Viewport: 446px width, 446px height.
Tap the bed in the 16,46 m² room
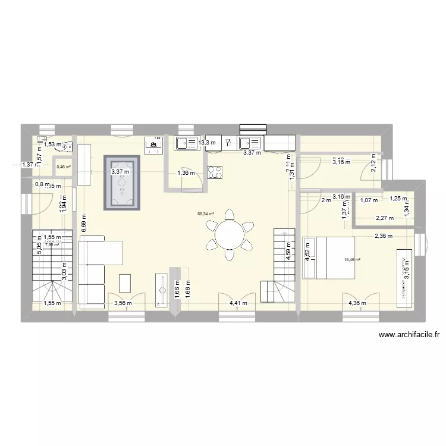[x=329, y=257]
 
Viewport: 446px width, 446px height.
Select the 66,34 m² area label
[x=206, y=214]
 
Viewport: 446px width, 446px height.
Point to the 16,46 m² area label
[x=353, y=259]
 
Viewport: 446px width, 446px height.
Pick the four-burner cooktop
[x=215, y=172]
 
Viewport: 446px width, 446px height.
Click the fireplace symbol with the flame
[x=153, y=143]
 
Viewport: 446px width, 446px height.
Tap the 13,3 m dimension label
[x=208, y=143]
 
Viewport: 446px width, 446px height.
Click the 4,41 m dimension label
[x=238, y=303]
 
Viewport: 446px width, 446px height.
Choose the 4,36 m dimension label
[x=357, y=303]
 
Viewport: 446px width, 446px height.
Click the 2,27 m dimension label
[x=384, y=218]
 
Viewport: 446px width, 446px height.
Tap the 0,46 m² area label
[x=64, y=167]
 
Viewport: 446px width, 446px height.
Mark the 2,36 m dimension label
[x=384, y=237]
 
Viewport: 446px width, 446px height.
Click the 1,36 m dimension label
[x=187, y=173]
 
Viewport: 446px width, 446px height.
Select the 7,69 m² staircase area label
[x=52, y=244]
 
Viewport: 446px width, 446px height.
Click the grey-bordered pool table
[x=122, y=183]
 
